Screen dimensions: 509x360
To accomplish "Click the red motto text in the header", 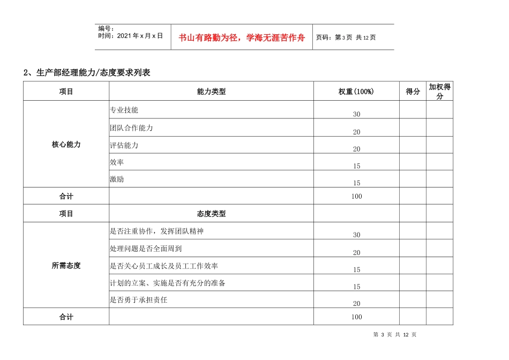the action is [242, 37].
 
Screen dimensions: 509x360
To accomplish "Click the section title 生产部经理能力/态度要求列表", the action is [87, 73].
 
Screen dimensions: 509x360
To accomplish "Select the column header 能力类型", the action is [211, 92].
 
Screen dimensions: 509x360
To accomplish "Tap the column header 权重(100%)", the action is [356, 92].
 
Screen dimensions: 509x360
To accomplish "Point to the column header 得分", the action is [413, 92].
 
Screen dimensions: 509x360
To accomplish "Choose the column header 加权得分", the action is [439, 92].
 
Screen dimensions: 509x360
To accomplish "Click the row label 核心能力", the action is [66, 145].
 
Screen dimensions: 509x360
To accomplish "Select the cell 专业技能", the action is [124, 110].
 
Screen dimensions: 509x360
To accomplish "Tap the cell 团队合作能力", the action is [131, 128].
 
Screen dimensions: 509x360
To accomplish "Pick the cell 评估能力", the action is [124, 145].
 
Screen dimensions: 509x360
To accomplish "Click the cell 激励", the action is [117, 179].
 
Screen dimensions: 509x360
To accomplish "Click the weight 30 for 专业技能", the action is [357, 115].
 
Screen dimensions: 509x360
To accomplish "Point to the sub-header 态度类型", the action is [211, 214].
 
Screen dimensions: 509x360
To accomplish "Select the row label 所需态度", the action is [66, 265].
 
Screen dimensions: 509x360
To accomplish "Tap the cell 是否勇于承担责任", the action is [138, 300].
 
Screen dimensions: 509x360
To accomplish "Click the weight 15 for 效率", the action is [357, 167].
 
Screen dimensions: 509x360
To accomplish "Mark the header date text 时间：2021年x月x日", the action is [130, 36].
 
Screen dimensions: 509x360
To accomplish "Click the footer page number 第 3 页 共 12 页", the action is [395, 335].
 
